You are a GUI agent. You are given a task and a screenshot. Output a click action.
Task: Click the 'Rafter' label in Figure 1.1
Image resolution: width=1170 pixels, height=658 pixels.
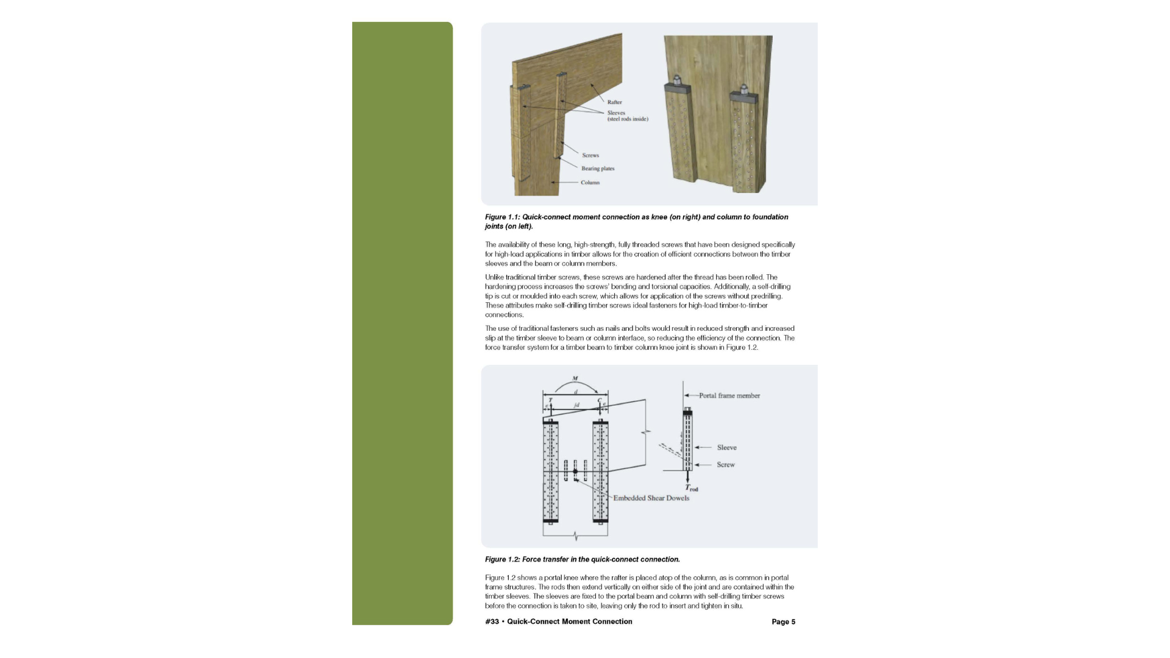click(614, 102)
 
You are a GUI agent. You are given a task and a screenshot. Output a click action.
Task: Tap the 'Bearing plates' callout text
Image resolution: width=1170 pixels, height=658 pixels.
click(597, 169)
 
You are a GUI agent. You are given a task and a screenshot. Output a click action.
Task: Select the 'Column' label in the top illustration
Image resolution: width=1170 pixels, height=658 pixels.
click(590, 183)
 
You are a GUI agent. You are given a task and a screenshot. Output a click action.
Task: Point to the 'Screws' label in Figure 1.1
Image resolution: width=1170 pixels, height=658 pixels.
click(590, 155)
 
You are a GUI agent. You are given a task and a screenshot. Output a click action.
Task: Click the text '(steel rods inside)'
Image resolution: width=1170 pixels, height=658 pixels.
click(628, 119)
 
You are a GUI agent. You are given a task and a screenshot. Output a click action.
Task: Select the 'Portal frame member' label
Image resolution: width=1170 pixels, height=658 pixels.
click(729, 396)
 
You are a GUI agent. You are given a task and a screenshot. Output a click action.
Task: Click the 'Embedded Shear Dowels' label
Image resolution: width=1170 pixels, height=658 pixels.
click(651, 498)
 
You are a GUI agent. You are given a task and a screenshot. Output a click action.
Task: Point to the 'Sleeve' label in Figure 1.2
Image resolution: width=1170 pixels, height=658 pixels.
click(726, 448)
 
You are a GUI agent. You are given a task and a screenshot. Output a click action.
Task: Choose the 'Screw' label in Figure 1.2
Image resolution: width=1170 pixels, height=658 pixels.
click(725, 465)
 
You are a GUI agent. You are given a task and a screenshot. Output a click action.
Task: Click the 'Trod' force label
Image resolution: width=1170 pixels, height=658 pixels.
click(692, 488)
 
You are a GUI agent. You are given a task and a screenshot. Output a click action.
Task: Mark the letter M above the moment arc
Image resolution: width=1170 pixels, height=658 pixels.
click(575, 378)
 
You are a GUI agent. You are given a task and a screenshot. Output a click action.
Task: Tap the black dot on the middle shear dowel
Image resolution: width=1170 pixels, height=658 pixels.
click(575, 471)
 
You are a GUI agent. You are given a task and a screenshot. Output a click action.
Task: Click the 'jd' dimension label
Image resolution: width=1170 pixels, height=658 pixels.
click(576, 405)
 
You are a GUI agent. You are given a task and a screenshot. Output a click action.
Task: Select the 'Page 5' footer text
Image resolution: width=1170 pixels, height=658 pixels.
click(783, 622)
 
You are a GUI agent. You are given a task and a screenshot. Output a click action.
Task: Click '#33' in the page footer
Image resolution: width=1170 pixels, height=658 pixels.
click(492, 622)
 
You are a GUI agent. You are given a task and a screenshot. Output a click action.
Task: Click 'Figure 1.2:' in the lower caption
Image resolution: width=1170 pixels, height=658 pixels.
click(502, 559)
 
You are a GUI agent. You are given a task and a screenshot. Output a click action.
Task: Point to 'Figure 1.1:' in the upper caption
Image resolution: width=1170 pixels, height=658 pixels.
click(502, 217)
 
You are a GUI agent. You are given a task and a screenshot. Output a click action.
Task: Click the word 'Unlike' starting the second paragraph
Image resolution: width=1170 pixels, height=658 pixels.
click(494, 277)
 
